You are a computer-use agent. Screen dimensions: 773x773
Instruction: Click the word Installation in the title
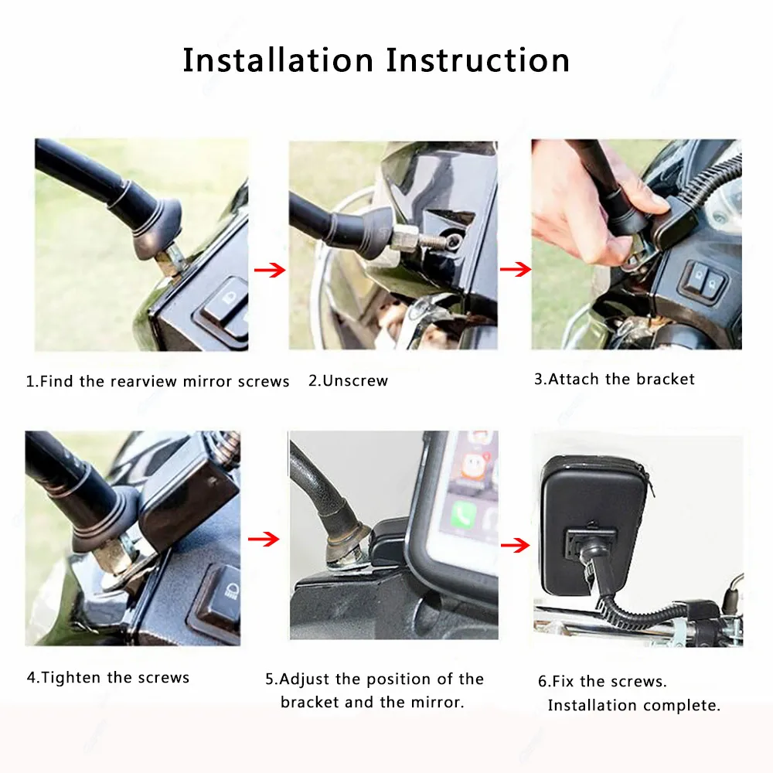pyautogui.click(x=278, y=60)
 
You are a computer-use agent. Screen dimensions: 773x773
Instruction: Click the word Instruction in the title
pyautogui.click(x=478, y=60)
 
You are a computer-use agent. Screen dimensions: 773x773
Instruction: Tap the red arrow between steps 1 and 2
pyautogui.click(x=270, y=270)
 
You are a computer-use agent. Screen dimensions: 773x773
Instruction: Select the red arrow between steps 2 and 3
pyautogui.click(x=515, y=269)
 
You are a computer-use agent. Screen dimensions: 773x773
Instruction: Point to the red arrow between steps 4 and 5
pyautogui.click(x=264, y=539)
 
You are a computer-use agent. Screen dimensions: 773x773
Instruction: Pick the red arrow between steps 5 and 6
pyautogui.click(x=515, y=545)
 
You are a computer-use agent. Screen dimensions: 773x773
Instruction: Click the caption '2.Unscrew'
pyautogui.click(x=348, y=380)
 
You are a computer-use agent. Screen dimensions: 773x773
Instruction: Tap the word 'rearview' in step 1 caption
pyautogui.click(x=144, y=382)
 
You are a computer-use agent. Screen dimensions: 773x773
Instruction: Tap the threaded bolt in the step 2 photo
pyautogui.click(x=433, y=240)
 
